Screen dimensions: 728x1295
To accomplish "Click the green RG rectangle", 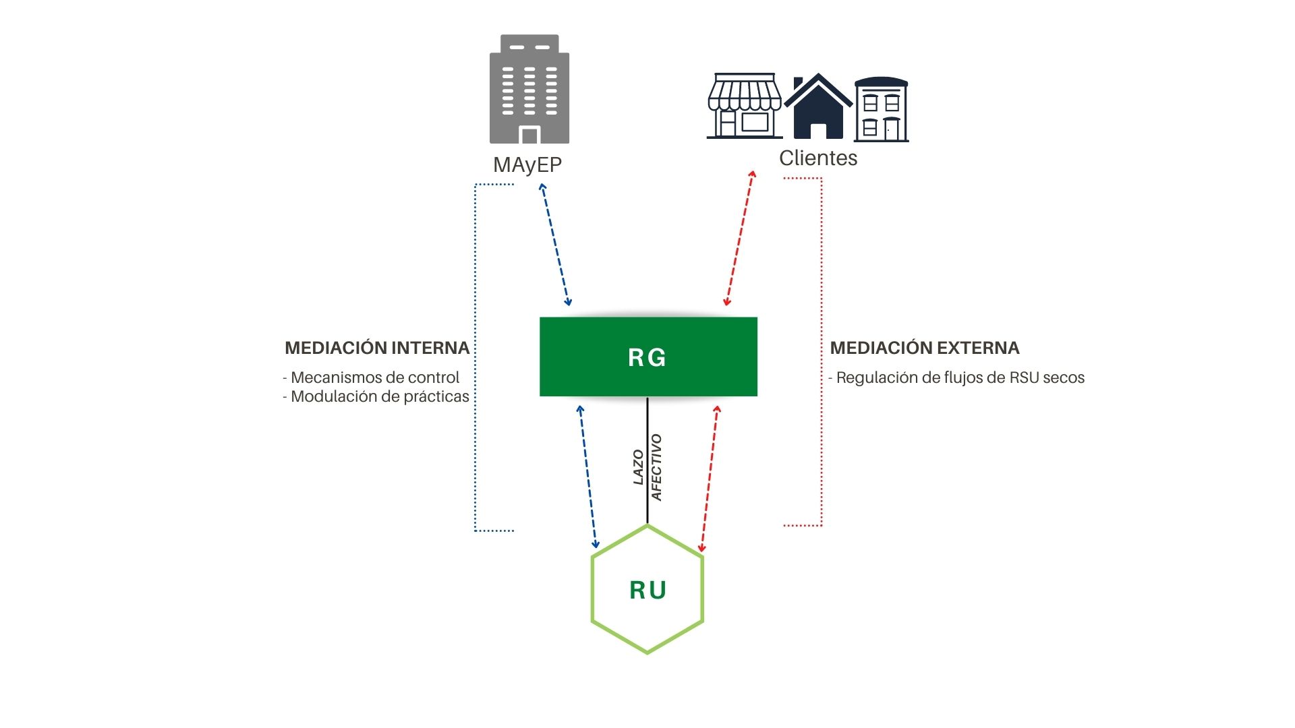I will pyautogui.click(x=648, y=357).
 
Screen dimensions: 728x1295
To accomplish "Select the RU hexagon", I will pyautogui.click(x=647, y=590).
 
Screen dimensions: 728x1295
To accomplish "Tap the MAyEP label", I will pyautogui.click(x=527, y=164).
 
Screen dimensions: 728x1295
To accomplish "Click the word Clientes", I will pyautogui.click(x=818, y=158).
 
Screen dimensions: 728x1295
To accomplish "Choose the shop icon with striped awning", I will pyautogui.click(x=745, y=106).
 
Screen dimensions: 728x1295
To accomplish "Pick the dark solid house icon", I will pyautogui.click(x=818, y=108).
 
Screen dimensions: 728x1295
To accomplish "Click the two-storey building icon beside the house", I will pyautogui.click(x=882, y=110).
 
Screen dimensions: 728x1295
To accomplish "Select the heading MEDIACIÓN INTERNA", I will pyautogui.click(x=377, y=348).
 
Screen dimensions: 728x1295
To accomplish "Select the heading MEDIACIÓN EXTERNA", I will pyautogui.click(x=925, y=348).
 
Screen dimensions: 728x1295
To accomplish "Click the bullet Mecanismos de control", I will pyautogui.click(x=372, y=377).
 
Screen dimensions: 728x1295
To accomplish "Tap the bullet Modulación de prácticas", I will pyautogui.click(x=376, y=396).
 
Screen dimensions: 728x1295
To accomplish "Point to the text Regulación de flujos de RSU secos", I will pyautogui.click(x=957, y=377).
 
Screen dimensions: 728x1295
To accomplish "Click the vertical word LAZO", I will pyautogui.click(x=638, y=467).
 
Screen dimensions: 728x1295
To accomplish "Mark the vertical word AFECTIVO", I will pyautogui.click(x=656, y=467).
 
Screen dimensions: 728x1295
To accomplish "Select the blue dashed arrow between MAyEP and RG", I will pyautogui.click(x=555, y=245).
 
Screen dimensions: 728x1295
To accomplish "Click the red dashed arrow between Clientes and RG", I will pyautogui.click(x=739, y=239).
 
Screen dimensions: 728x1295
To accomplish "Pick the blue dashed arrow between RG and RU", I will pyautogui.click(x=587, y=477).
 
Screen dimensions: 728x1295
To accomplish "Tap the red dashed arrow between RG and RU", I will pyautogui.click(x=710, y=479).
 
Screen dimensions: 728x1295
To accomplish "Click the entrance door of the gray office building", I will pyautogui.click(x=529, y=135).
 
